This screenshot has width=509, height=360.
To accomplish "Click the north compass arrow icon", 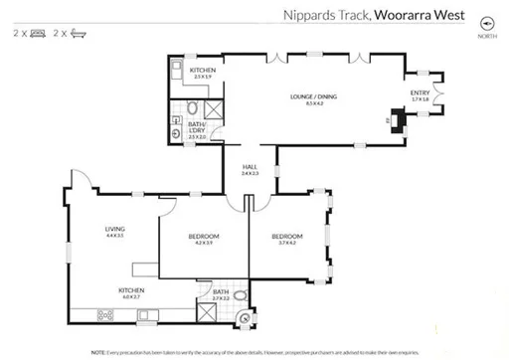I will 486,23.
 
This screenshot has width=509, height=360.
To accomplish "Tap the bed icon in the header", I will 37,33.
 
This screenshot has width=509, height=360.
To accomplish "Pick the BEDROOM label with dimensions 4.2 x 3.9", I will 204,237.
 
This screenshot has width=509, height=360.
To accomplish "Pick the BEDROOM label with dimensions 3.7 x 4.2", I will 286,237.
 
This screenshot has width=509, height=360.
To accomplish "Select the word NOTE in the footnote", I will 98,352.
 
